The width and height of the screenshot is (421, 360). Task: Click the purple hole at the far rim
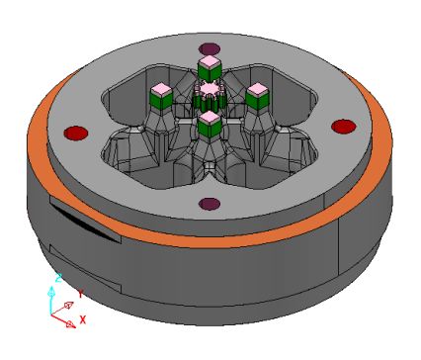coord(210,48)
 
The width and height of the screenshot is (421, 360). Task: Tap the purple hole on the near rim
coord(210,204)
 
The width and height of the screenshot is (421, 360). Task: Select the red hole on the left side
coord(76,133)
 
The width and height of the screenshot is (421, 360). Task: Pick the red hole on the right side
coord(344,127)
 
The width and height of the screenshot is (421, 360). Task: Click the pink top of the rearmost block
coord(210,61)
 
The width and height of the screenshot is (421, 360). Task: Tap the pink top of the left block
coord(161,88)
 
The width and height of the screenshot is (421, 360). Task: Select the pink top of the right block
coord(258,88)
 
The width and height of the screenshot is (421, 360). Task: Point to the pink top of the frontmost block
coord(210,117)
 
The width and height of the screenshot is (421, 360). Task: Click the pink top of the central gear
coord(209,89)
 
